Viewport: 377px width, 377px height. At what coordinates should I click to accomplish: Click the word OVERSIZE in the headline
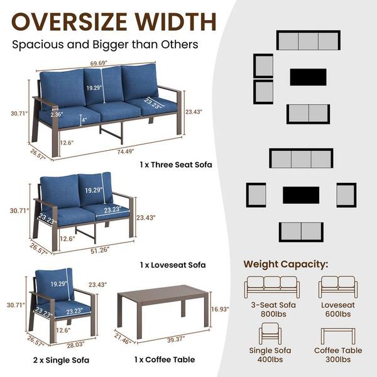point(69,21)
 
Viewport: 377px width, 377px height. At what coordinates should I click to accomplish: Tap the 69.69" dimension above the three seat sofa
point(99,63)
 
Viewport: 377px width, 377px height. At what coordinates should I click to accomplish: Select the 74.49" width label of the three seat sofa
point(126,151)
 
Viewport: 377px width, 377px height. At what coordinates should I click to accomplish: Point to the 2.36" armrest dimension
point(57,114)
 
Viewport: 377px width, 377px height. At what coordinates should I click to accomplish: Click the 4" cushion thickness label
point(84,119)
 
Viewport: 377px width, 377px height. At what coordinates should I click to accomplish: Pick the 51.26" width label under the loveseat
point(100,250)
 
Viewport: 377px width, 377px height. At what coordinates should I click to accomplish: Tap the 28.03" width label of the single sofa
point(75,345)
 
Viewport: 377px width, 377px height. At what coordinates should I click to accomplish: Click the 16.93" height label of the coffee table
point(220,309)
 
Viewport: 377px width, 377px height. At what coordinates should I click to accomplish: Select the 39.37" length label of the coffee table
point(176,339)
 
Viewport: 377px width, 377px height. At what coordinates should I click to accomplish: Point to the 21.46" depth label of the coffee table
point(123,339)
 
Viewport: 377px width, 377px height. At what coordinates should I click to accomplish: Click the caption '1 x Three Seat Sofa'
point(176,165)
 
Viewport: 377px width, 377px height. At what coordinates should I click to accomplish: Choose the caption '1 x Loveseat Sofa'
point(173,265)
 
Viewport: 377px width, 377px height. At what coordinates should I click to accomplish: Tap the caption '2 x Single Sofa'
point(61,360)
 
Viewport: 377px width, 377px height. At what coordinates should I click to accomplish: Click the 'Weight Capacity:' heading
point(286,265)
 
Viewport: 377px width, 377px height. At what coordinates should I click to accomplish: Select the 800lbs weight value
point(273,314)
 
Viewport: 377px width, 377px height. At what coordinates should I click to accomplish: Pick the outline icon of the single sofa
point(270,334)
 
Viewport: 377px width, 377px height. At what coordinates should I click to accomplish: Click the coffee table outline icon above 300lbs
point(338,336)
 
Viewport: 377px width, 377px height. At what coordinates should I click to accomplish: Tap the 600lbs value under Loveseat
point(338,314)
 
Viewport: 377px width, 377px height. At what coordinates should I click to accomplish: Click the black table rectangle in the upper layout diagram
point(308,77)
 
